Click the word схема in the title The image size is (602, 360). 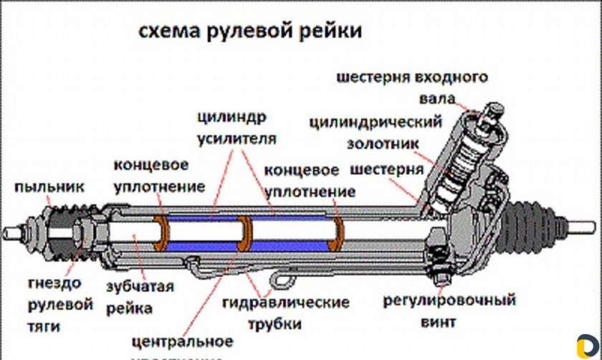[x=168, y=32]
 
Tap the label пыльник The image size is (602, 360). [x=49, y=187]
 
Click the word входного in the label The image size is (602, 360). [x=452, y=77]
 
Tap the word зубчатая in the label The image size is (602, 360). [x=140, y=288]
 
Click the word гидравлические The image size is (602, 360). [x=285, y=303]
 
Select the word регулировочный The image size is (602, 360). [x=449, y=300]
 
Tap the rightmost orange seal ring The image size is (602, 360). [x=338, y=235]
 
